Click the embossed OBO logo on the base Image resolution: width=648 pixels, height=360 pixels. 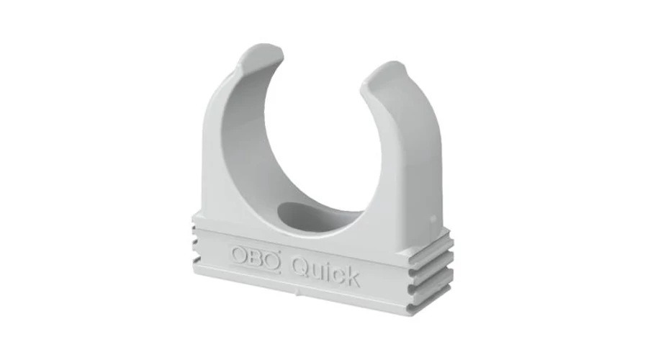click(256, 259)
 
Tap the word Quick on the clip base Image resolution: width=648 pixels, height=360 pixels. click(325, 272)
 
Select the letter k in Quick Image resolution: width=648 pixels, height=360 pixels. click(351, 276)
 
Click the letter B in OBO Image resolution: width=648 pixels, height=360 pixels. click(256, 258)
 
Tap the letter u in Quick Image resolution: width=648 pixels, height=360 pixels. click(318, 273)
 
